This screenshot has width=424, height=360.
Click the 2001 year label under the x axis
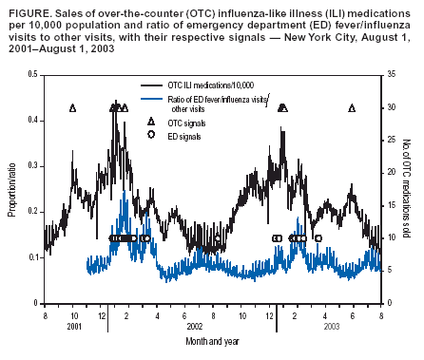(x=73, y=326)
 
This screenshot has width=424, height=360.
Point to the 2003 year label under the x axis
(x=328, y=326)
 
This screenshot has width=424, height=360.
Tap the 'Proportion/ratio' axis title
(x=12, y=189)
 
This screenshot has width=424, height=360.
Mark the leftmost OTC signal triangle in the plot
(x=73, y=108)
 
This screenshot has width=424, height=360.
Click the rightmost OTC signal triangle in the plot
(x=352, y=108)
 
